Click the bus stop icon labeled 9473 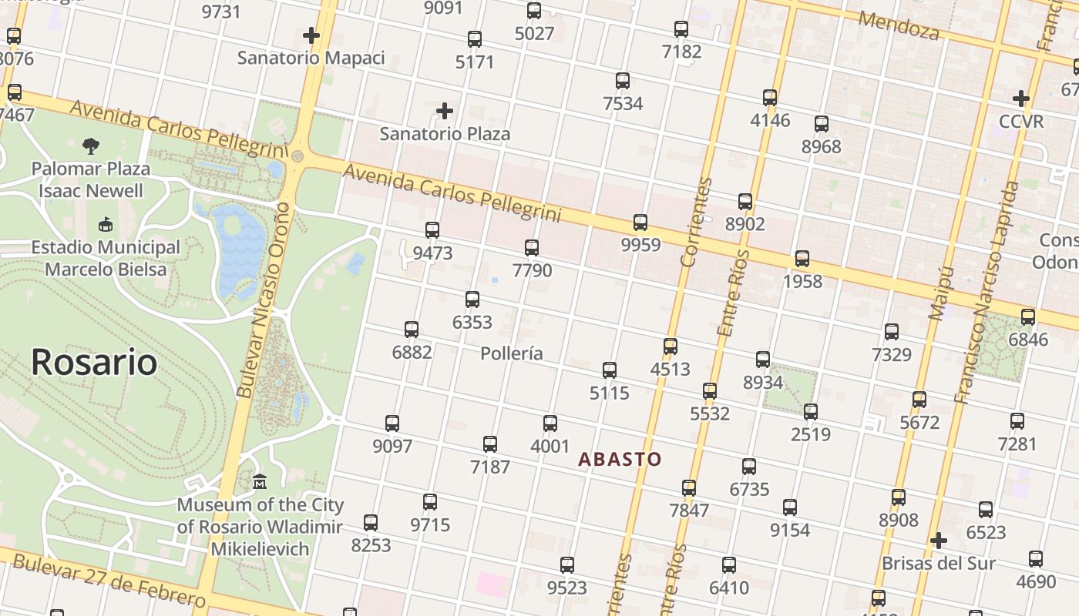coord(432,229)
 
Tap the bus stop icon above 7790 coord(531,247)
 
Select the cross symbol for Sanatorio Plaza coord(445,111)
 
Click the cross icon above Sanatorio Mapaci coord(311,35)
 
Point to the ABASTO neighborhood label coord(620,460)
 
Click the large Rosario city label coord(94,362)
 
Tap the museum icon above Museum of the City coord(260,482)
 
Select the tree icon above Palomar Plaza coord(91,146)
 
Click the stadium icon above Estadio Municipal coord(106,225)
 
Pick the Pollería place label coord(511,353)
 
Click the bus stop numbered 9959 coord(640,223)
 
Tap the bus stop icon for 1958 coord(802,259)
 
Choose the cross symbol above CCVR coord(1021,99)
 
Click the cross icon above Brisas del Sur coord(938,541)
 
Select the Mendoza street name coord(899,25)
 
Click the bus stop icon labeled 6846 coord(1028,316)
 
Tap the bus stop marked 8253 coord(371,523)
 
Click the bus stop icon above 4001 coord(550,423)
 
